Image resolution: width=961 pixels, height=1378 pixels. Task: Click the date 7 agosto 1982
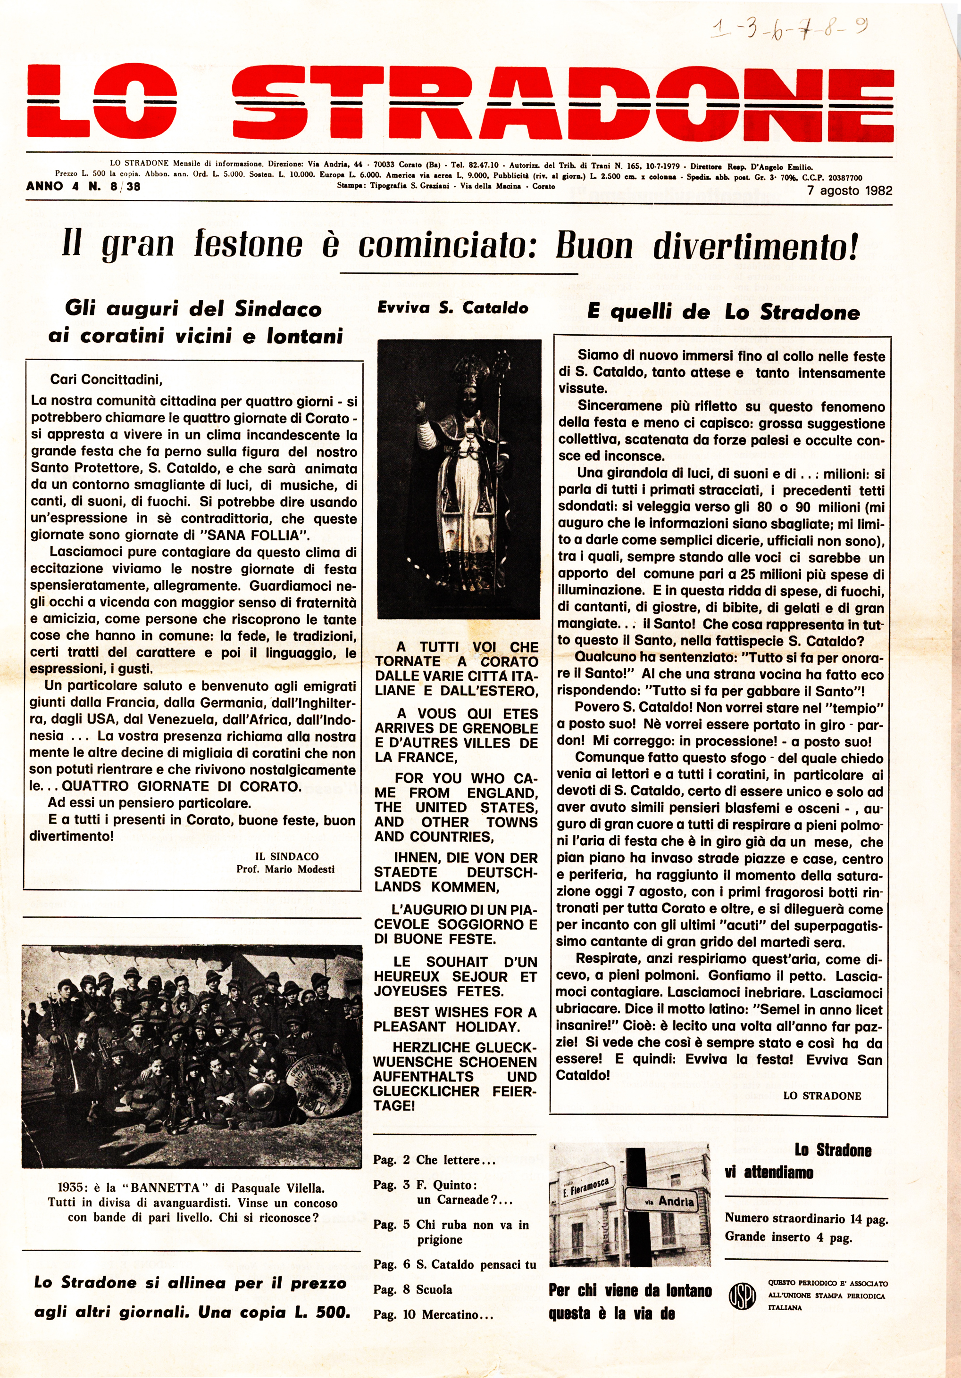coord(849,191)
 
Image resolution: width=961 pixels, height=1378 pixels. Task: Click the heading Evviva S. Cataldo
coord(453,308)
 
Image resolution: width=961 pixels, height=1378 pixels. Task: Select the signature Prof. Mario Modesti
coord(285,869)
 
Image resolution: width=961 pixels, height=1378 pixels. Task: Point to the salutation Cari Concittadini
coord(106,380)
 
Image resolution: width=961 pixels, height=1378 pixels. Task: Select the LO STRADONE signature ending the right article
coord(822,1095)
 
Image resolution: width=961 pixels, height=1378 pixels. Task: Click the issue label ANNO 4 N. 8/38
coord(83,187)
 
